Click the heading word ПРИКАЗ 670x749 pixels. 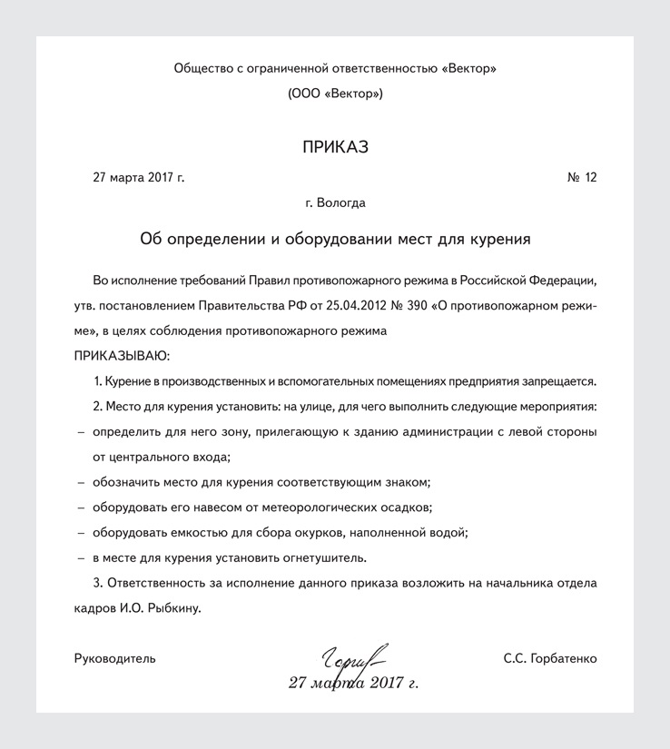click(335, 147)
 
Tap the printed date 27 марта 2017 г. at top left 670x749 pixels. click(138, 177)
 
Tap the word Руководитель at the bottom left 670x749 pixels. click(114, 658)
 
